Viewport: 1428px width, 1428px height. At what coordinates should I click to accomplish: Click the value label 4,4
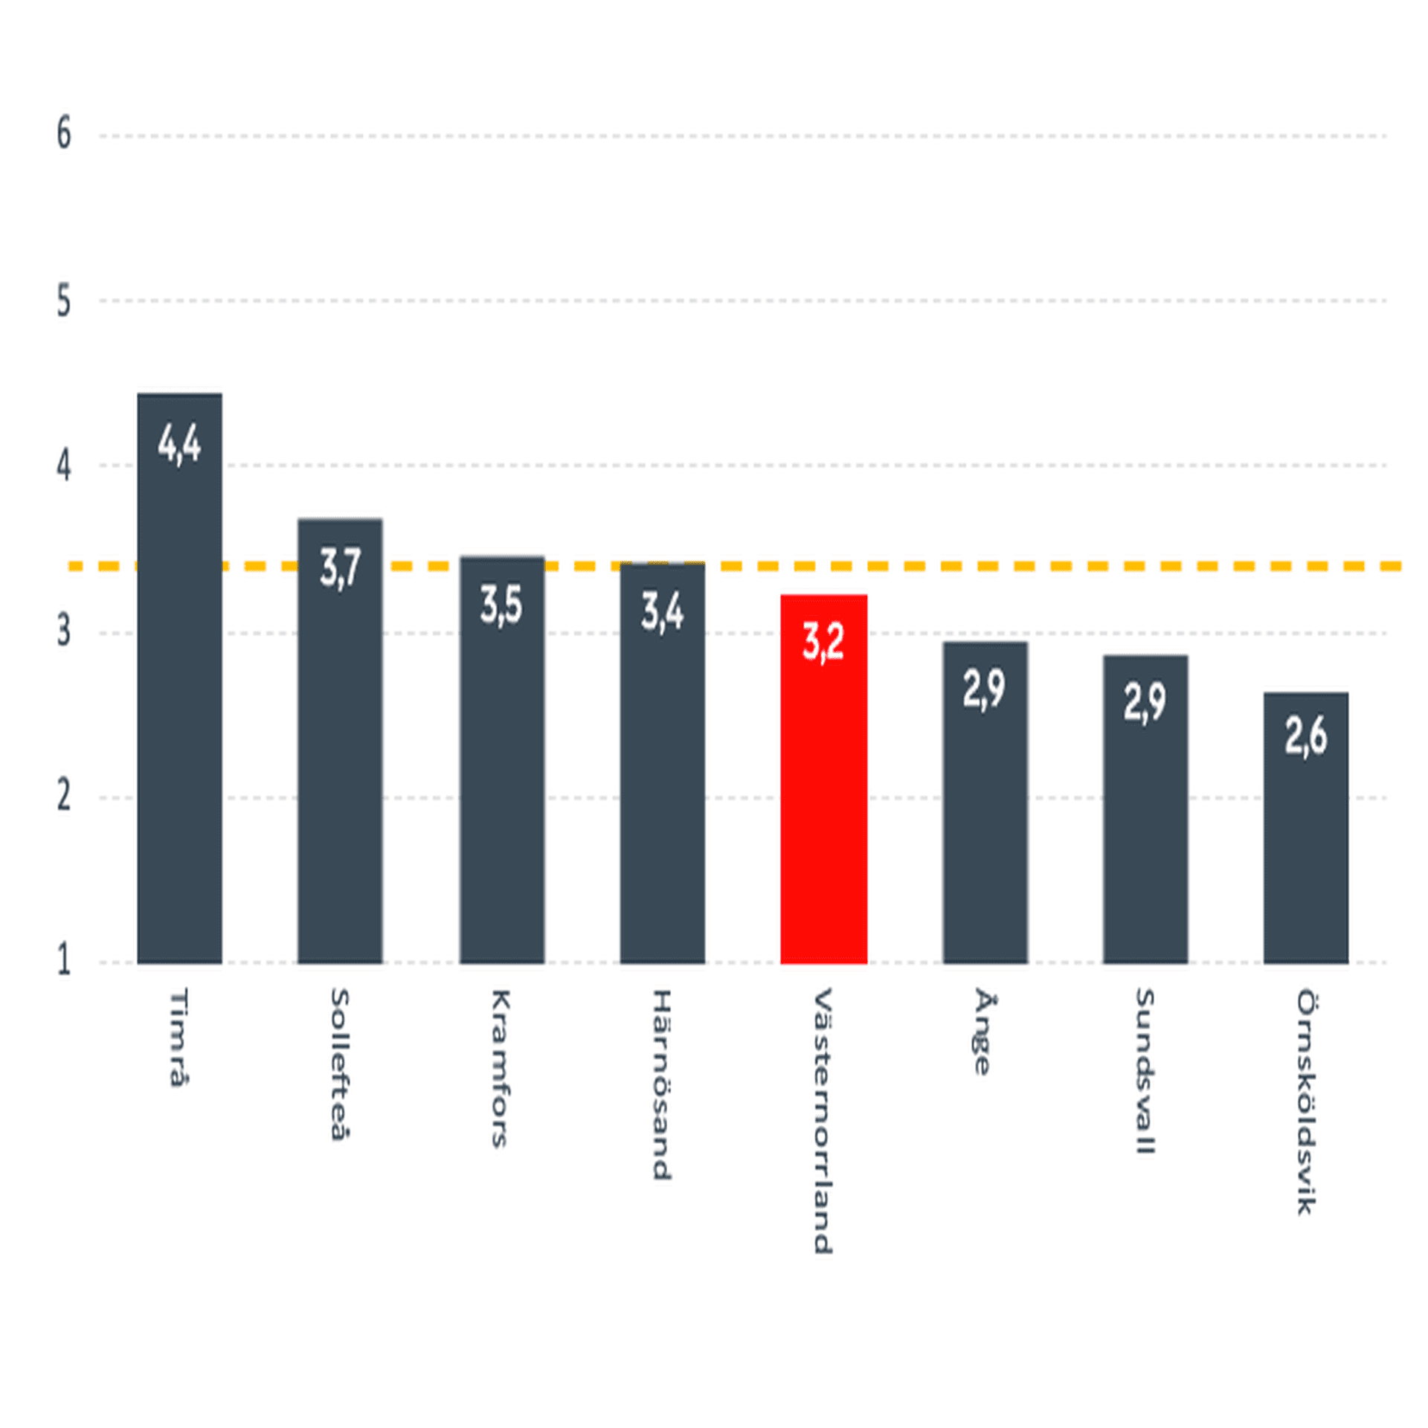coord(179,445)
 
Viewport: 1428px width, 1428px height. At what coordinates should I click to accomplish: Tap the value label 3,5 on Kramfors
coord(501,605)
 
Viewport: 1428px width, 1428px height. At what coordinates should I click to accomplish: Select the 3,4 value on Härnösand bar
coord(662,613)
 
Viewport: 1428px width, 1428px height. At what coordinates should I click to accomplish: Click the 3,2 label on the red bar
coord(823,641)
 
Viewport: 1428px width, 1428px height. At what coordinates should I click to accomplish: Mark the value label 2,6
coord(1305,736)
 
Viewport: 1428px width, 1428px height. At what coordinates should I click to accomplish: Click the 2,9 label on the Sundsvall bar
coord(1145,701)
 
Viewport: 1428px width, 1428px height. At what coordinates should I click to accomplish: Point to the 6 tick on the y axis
coord(64,135)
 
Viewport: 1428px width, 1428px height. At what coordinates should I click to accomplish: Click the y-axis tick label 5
coord(64,301)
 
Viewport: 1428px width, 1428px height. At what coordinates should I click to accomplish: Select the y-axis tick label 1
coord(64,960)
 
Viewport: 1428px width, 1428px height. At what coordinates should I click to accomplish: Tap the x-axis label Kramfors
coord(501,1068)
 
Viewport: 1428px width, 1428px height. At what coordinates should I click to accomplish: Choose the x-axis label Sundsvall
coord(1145,1071)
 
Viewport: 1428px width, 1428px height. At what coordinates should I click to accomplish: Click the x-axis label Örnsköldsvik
coord(1306,1101)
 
